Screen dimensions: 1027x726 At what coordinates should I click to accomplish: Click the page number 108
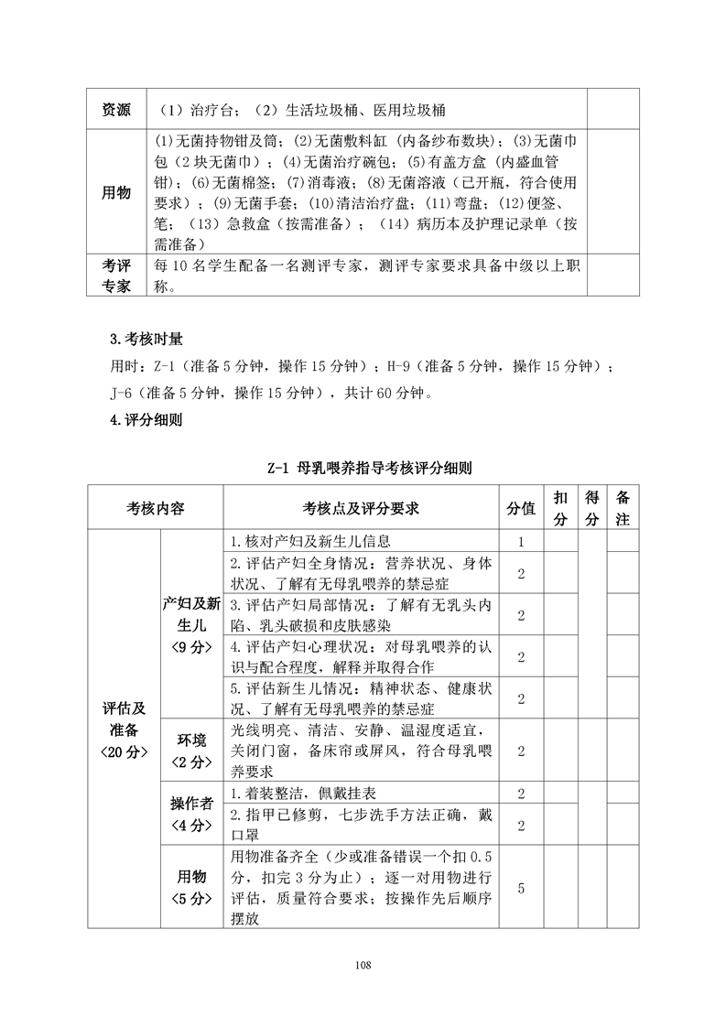tap(363, 965)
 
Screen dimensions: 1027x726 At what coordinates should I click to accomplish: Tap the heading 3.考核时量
tap(146, 340)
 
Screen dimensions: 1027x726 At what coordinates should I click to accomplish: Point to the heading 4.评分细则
tap(146, 422)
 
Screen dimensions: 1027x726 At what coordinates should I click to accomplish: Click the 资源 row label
tap(115, 110)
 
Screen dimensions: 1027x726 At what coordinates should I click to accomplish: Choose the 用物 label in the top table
tap(115, 193)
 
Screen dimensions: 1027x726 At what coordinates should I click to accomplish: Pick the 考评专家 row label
tap(115, 276)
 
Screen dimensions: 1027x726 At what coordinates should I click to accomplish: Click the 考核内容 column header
tap(156, 507)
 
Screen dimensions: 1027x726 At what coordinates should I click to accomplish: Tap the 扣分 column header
tap(560, 507)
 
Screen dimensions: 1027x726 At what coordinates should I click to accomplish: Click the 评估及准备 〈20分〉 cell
tap(124, 730)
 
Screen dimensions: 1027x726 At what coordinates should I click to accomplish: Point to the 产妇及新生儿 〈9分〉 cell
tap(191, 625)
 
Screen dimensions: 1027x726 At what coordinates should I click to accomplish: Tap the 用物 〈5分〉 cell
tap(191, 887)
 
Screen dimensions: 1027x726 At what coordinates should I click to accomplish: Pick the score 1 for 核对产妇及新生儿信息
tap(521, 541)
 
